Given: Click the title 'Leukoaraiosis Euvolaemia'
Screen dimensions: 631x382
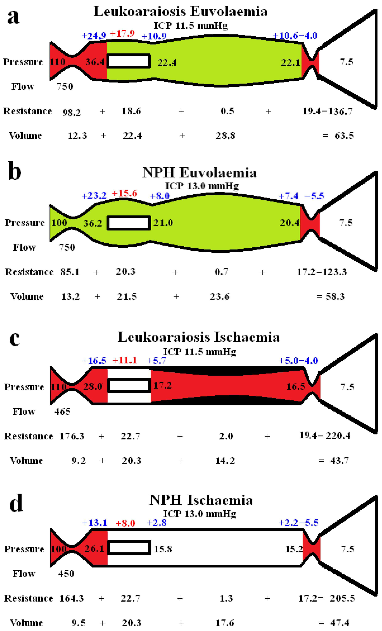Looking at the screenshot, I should click(180, 11).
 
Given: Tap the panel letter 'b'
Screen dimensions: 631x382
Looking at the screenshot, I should click(15, 171).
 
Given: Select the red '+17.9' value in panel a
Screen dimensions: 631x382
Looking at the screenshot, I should click(122, 33).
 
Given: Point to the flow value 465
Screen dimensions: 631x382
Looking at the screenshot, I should click(62, 412).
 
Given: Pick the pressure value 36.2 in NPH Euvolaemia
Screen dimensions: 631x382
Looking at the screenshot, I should click(93, 223).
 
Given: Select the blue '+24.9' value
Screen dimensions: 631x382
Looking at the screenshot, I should click(94, 36).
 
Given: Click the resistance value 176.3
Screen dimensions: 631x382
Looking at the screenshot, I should click(72, 436).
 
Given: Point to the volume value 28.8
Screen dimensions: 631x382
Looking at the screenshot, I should click(225, 136).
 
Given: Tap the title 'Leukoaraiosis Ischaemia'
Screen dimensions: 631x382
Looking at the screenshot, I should click(198, 337).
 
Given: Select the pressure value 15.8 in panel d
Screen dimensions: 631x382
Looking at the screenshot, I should click(163, 549).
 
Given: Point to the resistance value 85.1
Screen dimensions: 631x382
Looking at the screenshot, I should click(70, 272).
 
